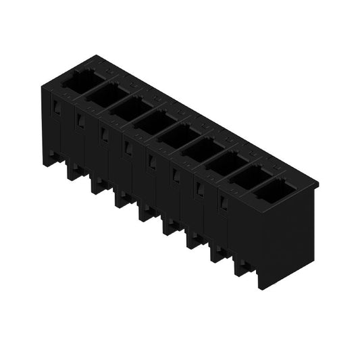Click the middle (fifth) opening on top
[x=178, y=134]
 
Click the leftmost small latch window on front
[x=57, y=108]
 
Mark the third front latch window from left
[x=104, y=134]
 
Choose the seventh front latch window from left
[x=199, y=190]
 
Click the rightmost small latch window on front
[x=222, y=203]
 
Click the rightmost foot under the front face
[x=241, y=267]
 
